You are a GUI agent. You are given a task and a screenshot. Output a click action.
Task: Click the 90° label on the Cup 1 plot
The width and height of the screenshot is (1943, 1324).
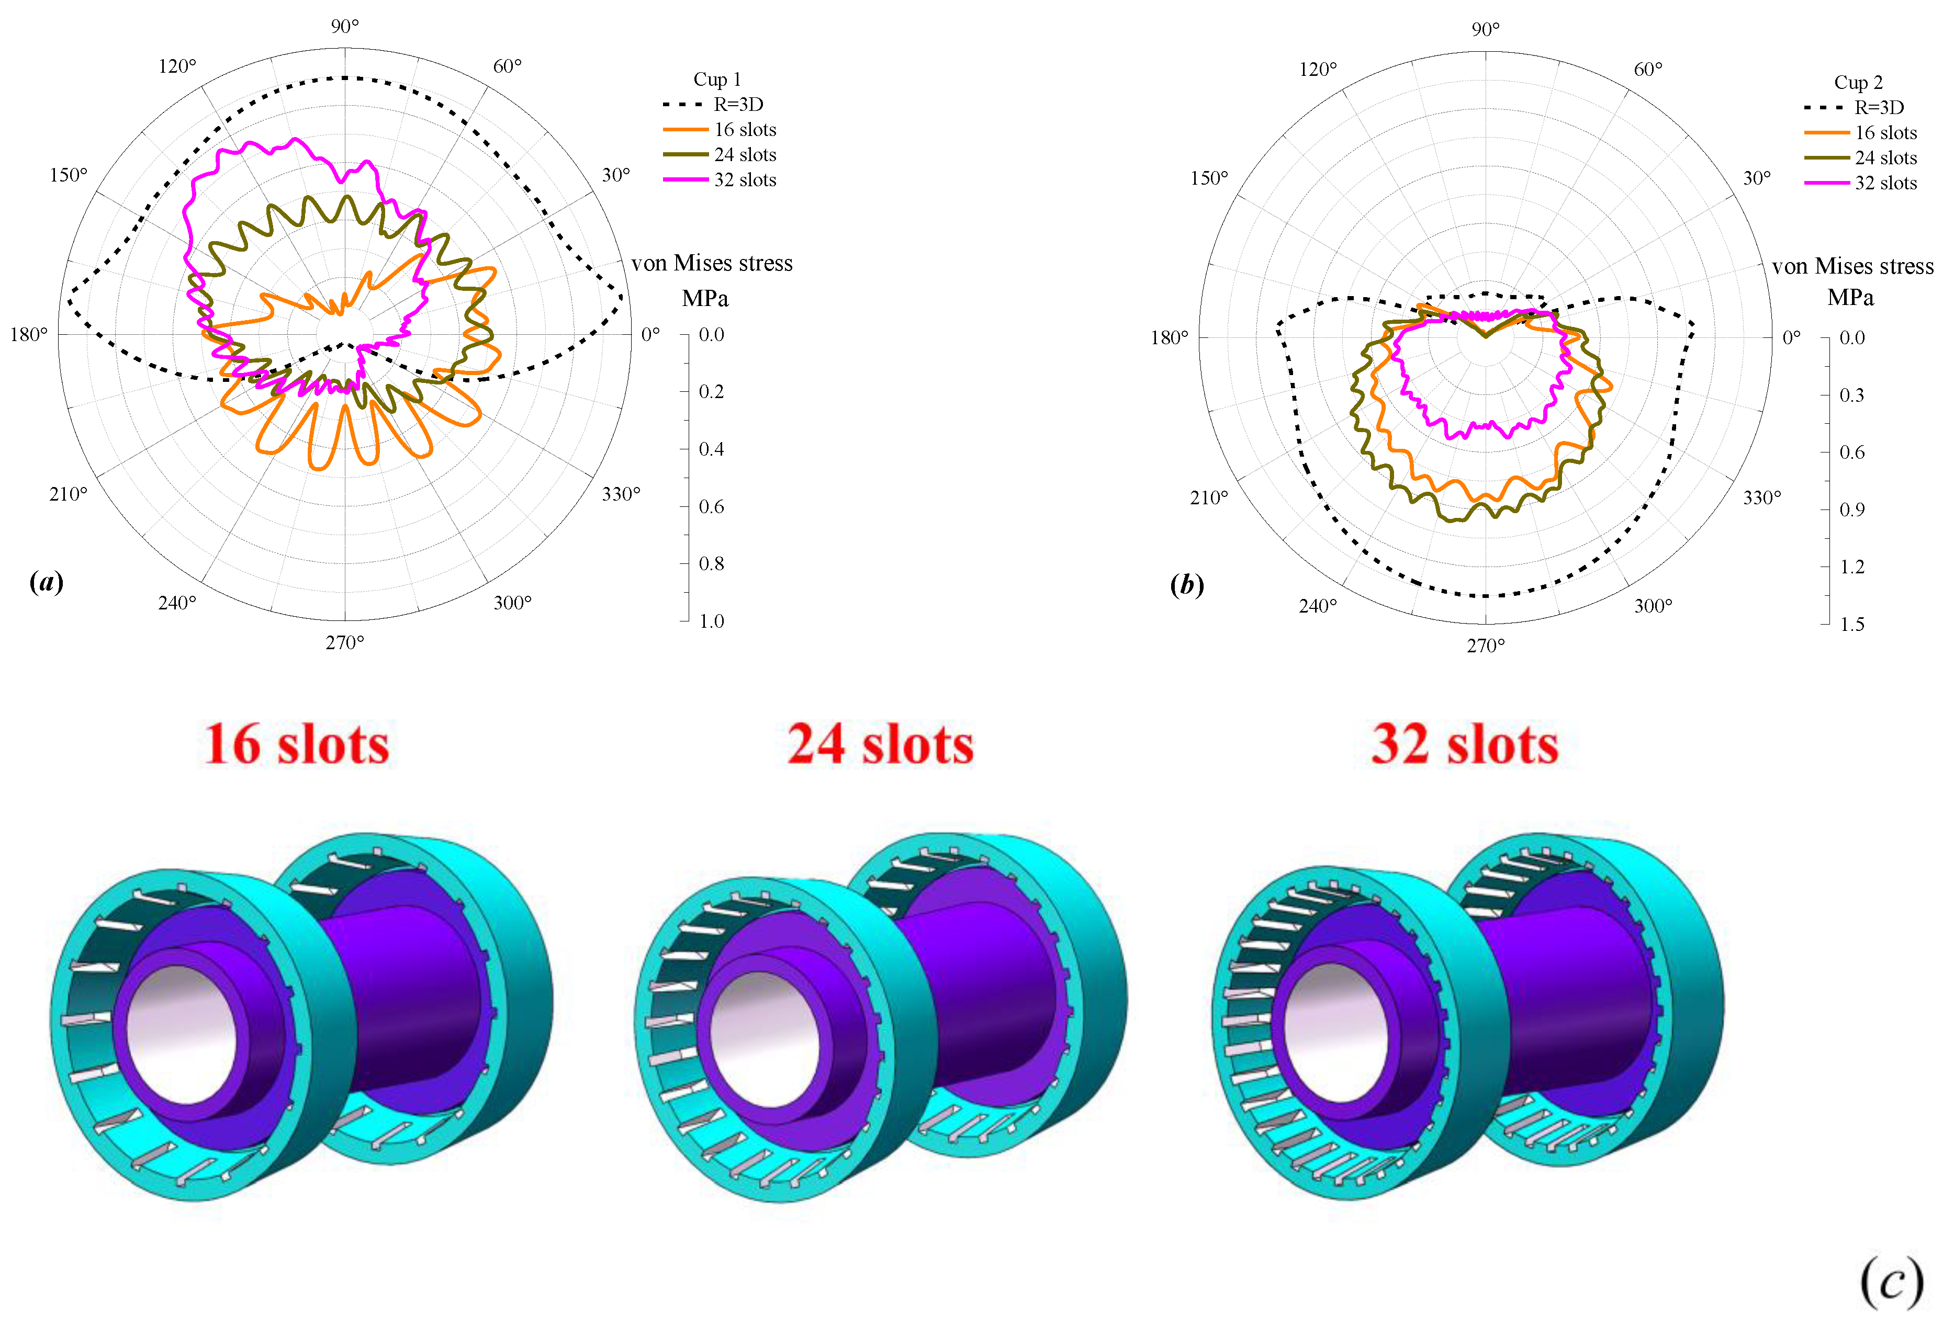click(344, 27)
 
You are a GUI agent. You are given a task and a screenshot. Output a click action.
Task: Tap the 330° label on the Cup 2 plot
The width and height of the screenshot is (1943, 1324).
click(1761, 497)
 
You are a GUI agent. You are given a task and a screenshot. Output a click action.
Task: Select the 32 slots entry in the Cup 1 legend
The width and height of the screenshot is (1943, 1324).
click(744, 180)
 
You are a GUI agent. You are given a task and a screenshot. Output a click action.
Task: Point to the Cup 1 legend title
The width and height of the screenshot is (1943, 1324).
click(716, 80)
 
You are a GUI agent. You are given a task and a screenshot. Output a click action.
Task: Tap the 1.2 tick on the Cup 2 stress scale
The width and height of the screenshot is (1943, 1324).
click(1852, 567)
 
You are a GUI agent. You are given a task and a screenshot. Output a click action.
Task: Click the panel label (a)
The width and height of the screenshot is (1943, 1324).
click(46, 582)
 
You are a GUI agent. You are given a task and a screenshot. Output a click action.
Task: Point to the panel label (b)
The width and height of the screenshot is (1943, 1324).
click(1186, 584)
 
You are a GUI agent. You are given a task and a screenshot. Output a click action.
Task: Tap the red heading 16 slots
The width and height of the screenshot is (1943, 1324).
click(297, 744)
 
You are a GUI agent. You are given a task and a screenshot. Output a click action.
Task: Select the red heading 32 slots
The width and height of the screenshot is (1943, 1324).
click(1465, 744)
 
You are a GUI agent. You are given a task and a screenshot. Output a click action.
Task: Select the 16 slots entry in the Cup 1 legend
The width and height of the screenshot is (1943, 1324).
click(744, 130)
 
